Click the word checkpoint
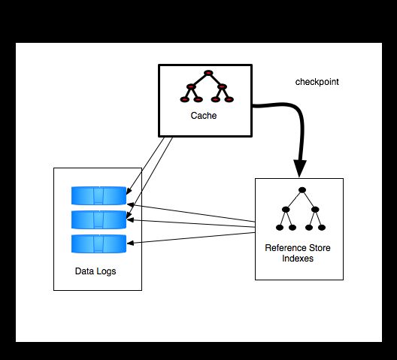[317, 82]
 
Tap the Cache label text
[204, 116]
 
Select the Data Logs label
[95, 271]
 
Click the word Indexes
[298, 259]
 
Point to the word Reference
[281, 247]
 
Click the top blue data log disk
[98, 195]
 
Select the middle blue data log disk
[98, 219]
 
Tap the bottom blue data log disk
[98, 244]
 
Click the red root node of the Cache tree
[208, 73]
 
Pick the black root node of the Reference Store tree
[302, 190]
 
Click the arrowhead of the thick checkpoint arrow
[300, 168]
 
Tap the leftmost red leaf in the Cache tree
[185, 99]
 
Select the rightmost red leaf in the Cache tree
[229, 99]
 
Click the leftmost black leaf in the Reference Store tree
[279, 228]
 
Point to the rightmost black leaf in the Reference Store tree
[322, 228]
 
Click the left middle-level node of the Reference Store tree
[286, 210]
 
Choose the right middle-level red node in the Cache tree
[222, 86]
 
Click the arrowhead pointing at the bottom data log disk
[130, 244]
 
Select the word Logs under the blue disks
[105, 271]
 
